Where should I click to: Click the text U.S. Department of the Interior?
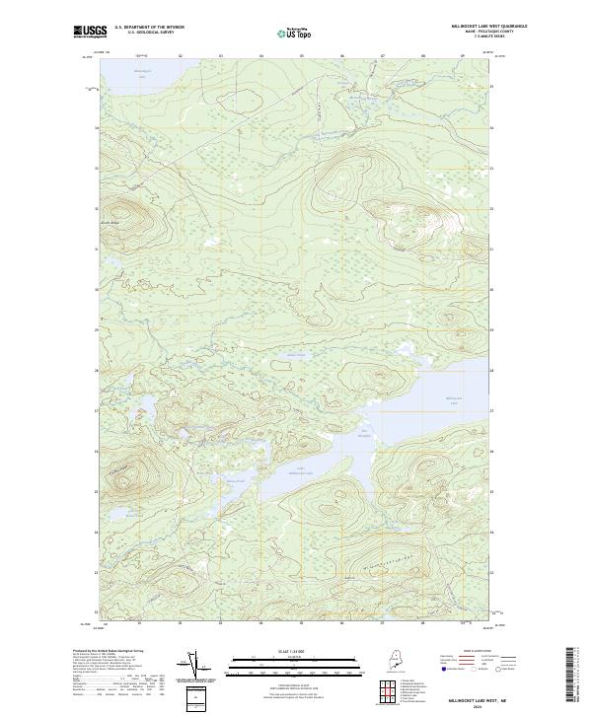click(x=149, y=28)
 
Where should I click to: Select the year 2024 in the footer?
click(x=481, y=703)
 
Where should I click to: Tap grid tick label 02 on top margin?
click(x=180, y=56)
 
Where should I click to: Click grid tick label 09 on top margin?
click(x=464, y=56)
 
